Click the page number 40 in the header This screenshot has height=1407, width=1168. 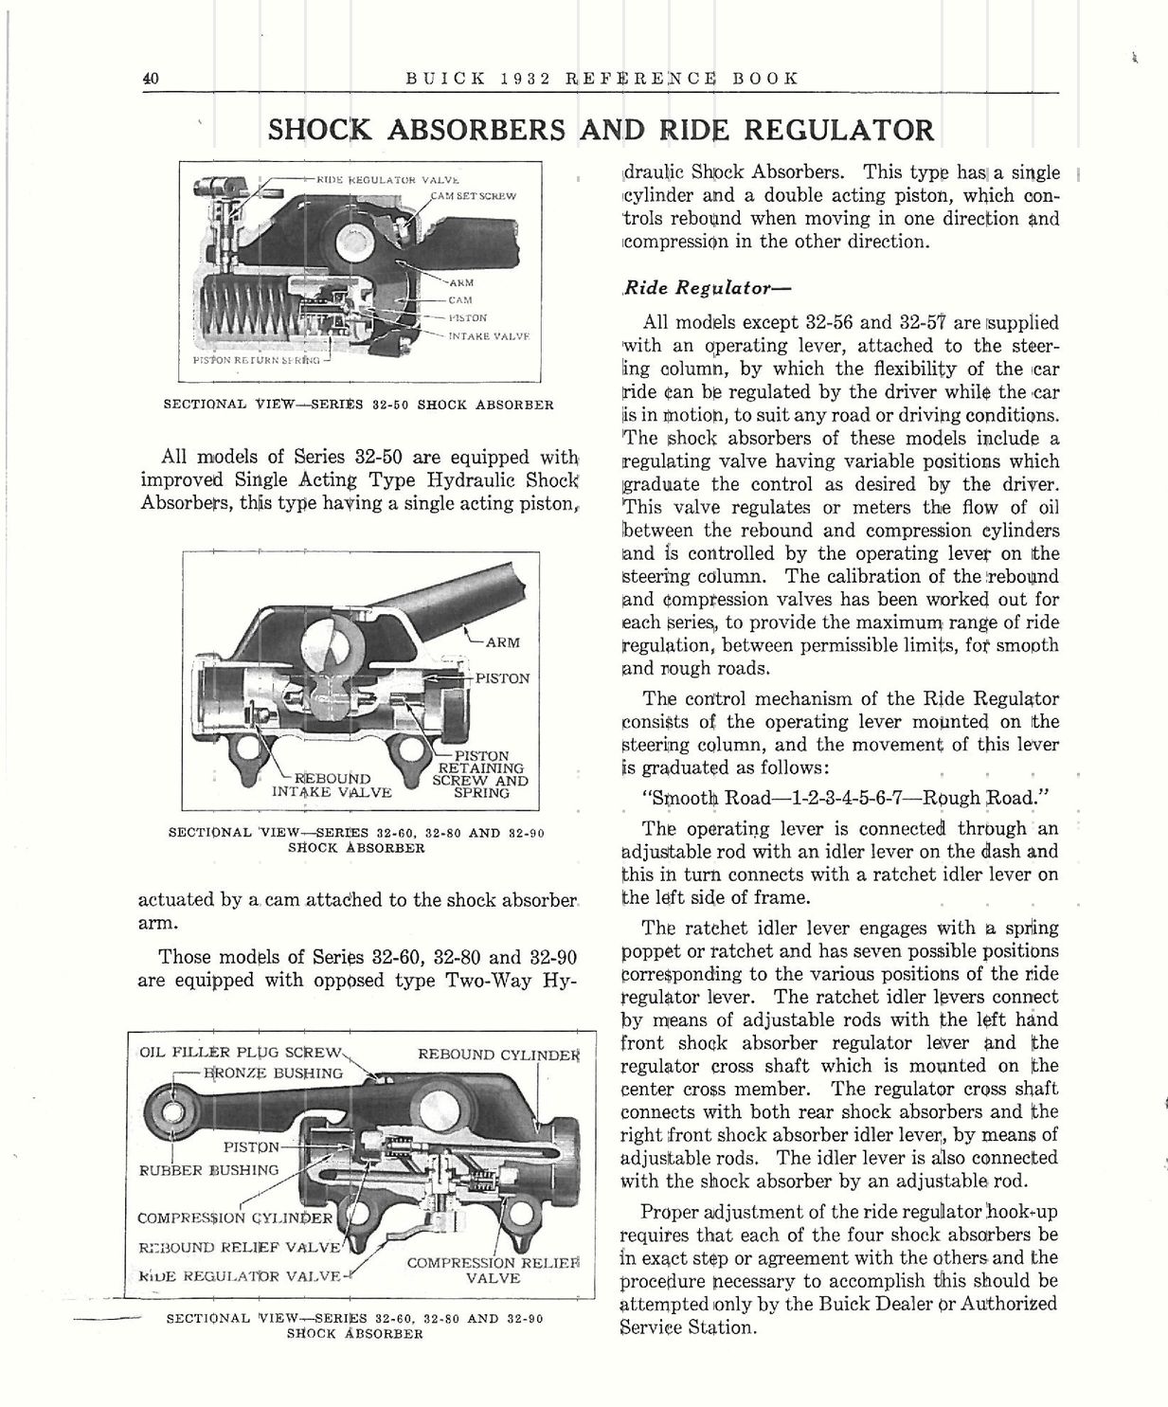[x=150, y=79]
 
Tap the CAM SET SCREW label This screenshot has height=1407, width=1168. [x=472, y=196]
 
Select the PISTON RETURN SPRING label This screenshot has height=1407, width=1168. [x=256, y=361]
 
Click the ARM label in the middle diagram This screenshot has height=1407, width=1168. [x=501, y=642]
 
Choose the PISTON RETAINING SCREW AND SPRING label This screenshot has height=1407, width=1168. [x=479, y=774]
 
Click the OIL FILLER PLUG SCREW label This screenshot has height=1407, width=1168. [x=240, y=1053]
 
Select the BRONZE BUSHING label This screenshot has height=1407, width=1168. [x=274, y=1073]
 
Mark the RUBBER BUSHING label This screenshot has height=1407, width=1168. [x=209, y=1169]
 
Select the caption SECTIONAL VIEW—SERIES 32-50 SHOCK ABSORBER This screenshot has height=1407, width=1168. [x=359, y=405]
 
